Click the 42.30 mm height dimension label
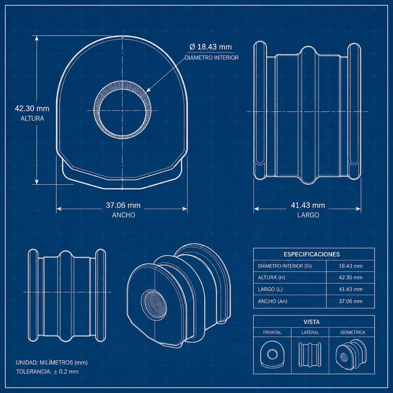coord(32,109)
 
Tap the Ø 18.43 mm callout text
coord(211,47)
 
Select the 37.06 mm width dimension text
coord(123,205)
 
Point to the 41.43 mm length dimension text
coord(308,205)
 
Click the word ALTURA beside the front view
coord(32,118)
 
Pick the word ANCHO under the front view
coord(124,215)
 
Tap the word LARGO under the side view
coord(308,215)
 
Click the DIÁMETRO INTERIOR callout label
coord(211,58)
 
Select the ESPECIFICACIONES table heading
coord(312,254)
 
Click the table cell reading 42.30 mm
coord(351,277)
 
